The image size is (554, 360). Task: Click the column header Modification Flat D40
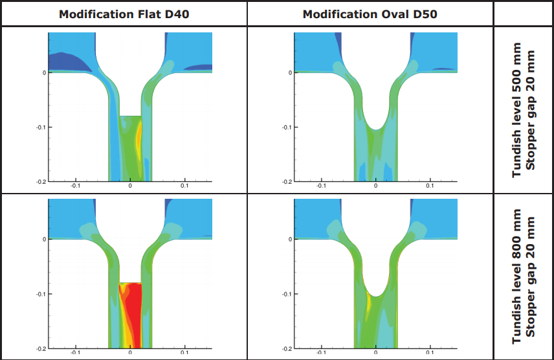point(124,14)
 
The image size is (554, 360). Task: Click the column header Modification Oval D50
point(371,14)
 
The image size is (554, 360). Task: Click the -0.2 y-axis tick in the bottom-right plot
point(286,348)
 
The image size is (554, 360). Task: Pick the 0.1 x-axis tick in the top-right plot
point(430,186)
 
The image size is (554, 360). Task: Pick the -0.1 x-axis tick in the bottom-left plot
point(75,353)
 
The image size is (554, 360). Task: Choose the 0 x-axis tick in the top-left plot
point(130,186)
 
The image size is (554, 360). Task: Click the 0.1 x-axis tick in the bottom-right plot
point(430,353)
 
